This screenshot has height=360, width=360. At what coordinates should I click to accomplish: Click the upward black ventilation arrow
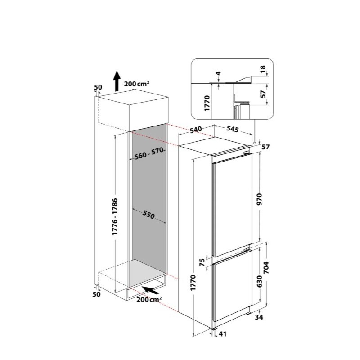(117, 81)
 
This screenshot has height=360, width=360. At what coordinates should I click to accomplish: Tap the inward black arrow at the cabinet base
(150, 290)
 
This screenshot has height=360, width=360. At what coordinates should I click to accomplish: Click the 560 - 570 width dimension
(149, 153)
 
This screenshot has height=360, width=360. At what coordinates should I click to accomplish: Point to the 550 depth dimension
(148, 215)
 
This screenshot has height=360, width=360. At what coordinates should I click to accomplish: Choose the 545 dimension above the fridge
(233, 129)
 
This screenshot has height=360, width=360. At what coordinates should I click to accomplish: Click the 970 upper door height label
(259, 199)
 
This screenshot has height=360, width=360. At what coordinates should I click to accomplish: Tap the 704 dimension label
(266, 268)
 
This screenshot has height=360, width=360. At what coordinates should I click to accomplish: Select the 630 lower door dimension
(259, 281)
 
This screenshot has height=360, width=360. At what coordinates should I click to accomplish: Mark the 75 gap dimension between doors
(202, 262)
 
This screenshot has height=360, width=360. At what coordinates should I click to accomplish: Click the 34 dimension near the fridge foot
(259, 317)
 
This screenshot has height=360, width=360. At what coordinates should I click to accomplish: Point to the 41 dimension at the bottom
(222, 334)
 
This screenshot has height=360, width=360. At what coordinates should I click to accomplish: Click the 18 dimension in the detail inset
(263, 68)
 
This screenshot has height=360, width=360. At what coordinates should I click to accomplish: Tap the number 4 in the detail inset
(218, 73)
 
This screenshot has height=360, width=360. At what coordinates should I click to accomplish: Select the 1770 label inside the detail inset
(207, 103)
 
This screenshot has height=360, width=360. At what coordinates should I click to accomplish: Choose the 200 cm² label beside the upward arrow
(137, 84)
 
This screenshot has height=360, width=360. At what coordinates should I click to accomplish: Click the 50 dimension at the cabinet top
(98, 87)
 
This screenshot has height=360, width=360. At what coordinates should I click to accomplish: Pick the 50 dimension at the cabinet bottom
(96, 294)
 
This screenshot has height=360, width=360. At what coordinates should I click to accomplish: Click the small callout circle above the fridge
(255, 143)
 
